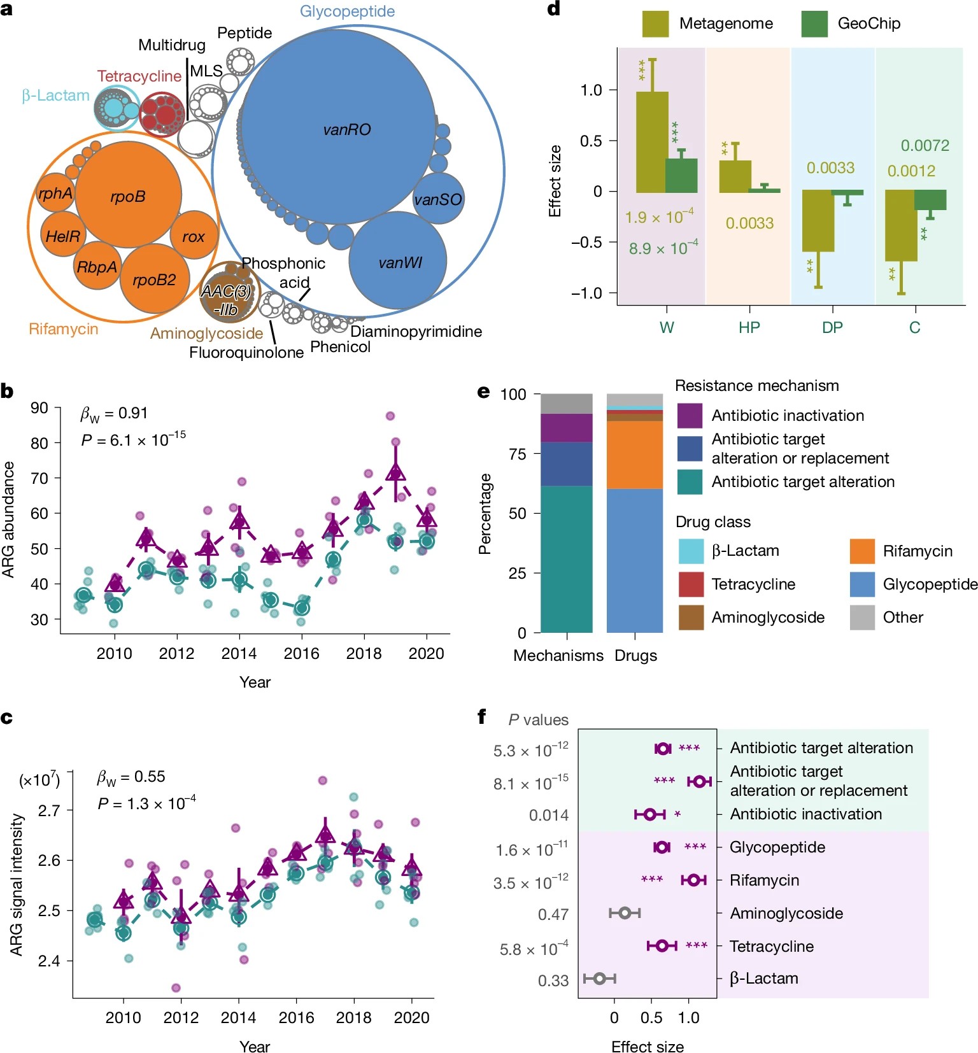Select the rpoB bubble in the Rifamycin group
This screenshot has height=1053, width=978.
point(128,196)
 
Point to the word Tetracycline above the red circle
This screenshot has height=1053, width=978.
point(139,76)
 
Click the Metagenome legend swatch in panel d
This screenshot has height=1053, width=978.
point(655,24)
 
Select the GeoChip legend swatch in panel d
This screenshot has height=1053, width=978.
point(814,24)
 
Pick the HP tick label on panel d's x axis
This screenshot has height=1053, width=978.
point(749,328)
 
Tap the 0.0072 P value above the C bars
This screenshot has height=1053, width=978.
point(925,146)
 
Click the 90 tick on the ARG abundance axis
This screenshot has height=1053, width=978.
point(39,408)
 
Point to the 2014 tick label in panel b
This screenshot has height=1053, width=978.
point(239,654)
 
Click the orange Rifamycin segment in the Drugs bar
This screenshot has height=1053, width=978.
point(634,455)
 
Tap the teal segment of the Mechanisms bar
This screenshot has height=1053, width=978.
point(566,559)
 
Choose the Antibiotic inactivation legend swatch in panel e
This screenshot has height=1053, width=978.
point(690,416)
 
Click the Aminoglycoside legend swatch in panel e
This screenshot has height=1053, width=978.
point(691,618)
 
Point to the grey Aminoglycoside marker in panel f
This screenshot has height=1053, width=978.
point(625,913)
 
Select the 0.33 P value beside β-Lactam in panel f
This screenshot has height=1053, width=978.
point(553,980)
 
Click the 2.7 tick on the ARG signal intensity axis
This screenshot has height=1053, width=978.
point(49,811)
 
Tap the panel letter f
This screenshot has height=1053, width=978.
point(482,717)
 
